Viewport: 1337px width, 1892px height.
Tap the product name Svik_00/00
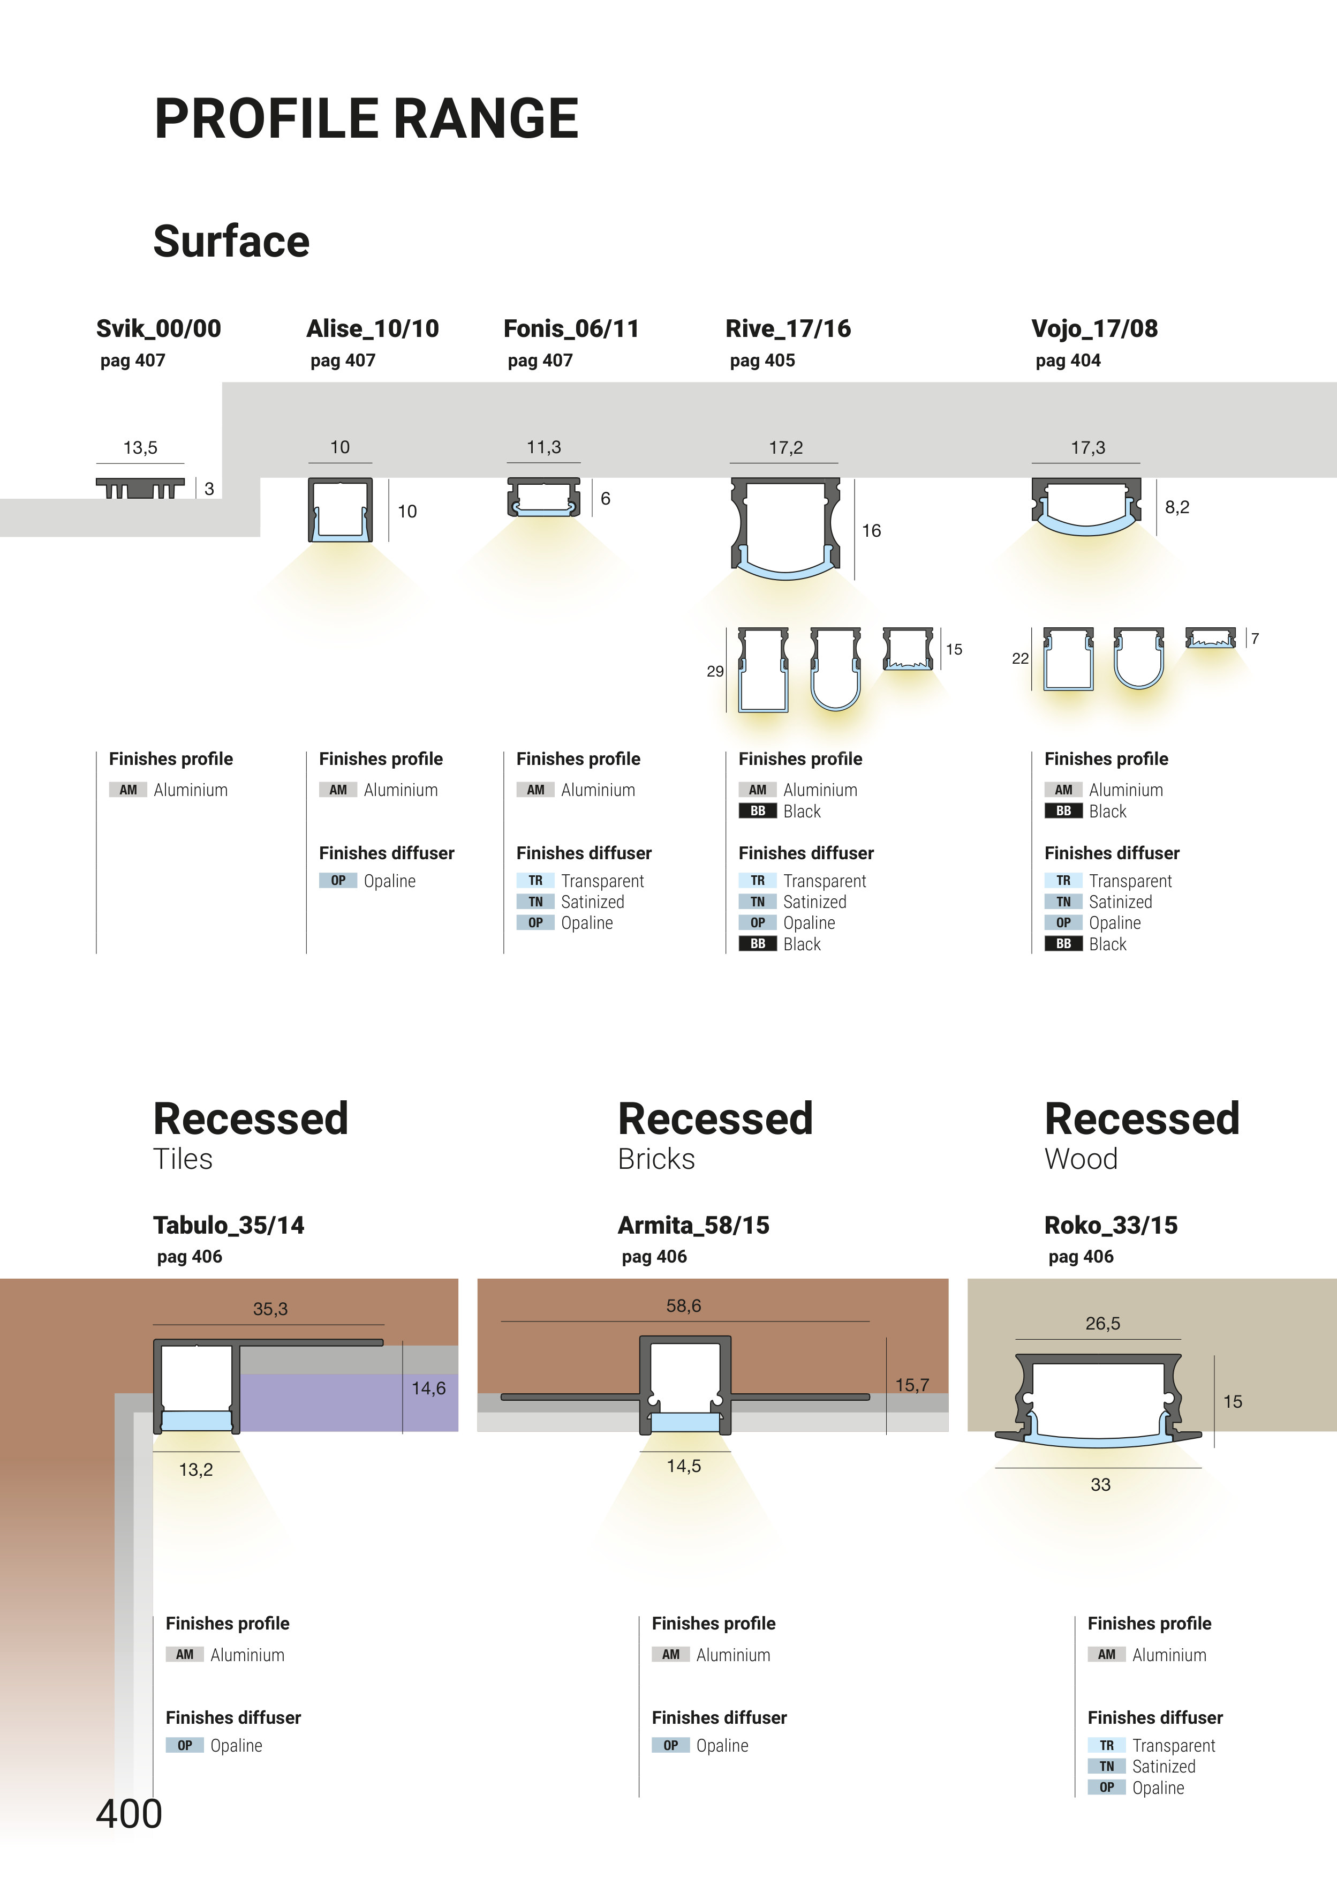[x=158, y=329]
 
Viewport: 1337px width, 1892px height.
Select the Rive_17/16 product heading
[x=788, y=329]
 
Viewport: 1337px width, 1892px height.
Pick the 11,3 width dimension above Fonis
[x=543, y=447]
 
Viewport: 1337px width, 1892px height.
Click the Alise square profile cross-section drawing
[x=340, y=509]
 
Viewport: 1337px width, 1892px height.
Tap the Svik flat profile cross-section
[x=140, y=488]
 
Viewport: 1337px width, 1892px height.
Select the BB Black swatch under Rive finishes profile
[x=758, y=811]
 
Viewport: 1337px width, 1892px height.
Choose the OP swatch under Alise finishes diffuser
[x=338, y=880]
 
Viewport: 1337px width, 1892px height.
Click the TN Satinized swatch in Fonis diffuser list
[x=535, y=902]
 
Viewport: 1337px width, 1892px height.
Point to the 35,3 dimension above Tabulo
[x=270, y=1309]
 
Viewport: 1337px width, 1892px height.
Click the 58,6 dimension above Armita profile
[x=684, y=1305]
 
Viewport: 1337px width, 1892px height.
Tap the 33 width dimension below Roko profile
[x=1100, y=1484]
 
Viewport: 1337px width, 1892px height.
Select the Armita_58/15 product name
[x=693, y=1225]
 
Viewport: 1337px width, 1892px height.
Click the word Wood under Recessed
[x=1081, y=1159]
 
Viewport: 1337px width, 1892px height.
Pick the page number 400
[x=130, y=1814]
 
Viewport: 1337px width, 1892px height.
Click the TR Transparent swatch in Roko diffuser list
[x=1106, y=1745]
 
